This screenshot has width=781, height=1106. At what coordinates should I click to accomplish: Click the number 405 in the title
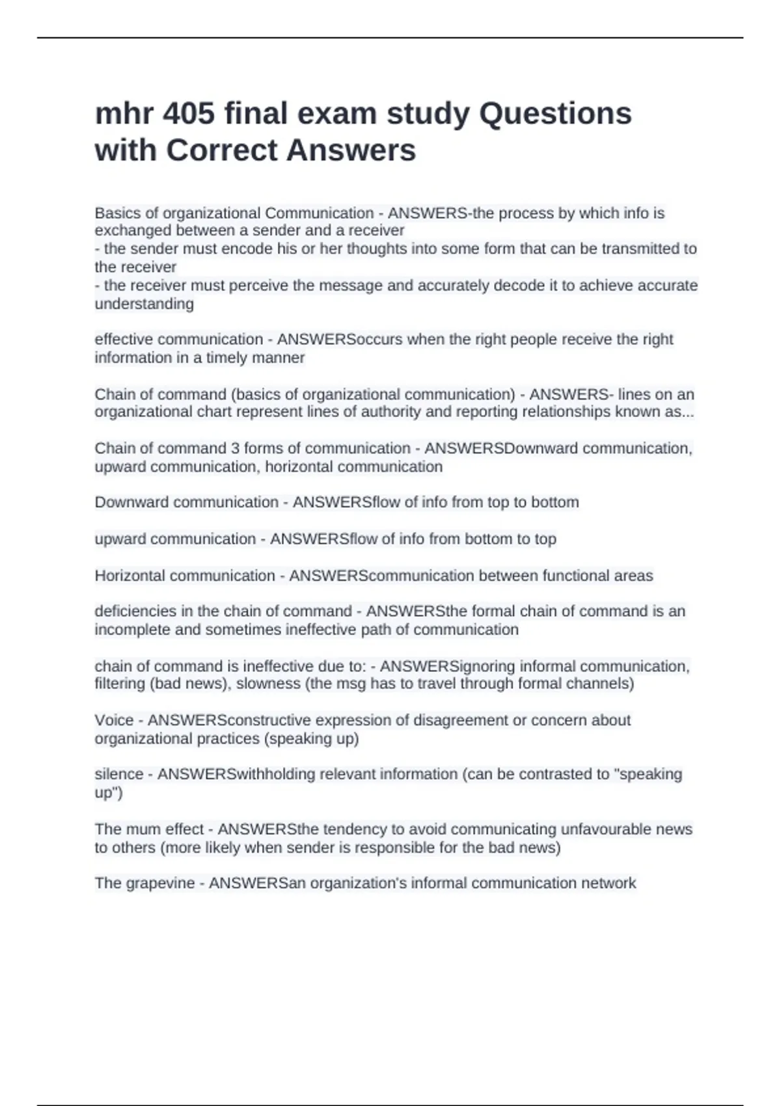189,114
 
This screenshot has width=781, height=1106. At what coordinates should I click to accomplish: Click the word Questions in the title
555,114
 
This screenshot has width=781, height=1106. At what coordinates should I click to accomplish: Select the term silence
119,774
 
